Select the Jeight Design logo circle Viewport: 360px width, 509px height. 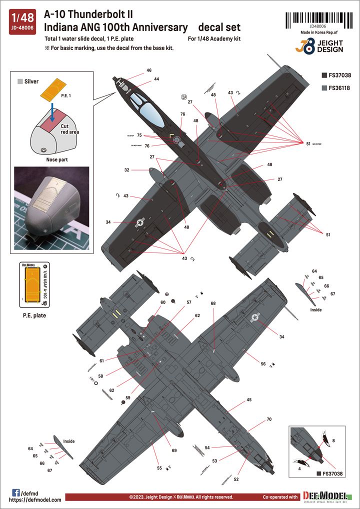click(x=311, y=49)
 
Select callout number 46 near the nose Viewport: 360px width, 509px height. click(x=149, y=70)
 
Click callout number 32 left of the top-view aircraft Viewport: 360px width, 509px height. click(x=127, y=170)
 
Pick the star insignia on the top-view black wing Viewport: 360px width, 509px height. click(x=140, y=222)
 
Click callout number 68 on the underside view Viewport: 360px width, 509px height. click(x=213, y=303)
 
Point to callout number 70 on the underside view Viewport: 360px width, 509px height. click(x=269, y=419)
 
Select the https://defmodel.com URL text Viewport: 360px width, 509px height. click(x=35, y=499)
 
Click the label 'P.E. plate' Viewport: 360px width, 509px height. click(x=34, y=316)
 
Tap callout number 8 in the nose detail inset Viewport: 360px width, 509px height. click(x=333, y=440)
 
